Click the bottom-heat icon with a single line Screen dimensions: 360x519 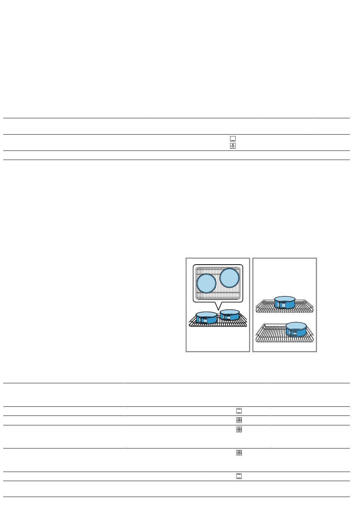[x=233, y=139]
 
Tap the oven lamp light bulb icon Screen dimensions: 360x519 [x=233, y=146]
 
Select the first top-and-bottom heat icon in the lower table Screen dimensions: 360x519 [x=239, y=411]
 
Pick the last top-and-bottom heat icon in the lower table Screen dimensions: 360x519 [x=239, y=477]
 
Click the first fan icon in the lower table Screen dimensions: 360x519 [x=239, y=420]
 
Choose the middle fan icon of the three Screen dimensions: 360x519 [x=239, y=430]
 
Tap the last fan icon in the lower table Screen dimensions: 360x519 [x=239, y=453]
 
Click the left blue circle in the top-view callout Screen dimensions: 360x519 [x=207, y=283]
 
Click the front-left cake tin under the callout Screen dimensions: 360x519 [x=207, y=318]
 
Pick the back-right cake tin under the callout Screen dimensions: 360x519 [x=230, y=315]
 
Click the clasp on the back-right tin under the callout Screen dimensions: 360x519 [x=227, y=317]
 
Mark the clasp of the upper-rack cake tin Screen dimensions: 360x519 [x=283, y=304]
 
